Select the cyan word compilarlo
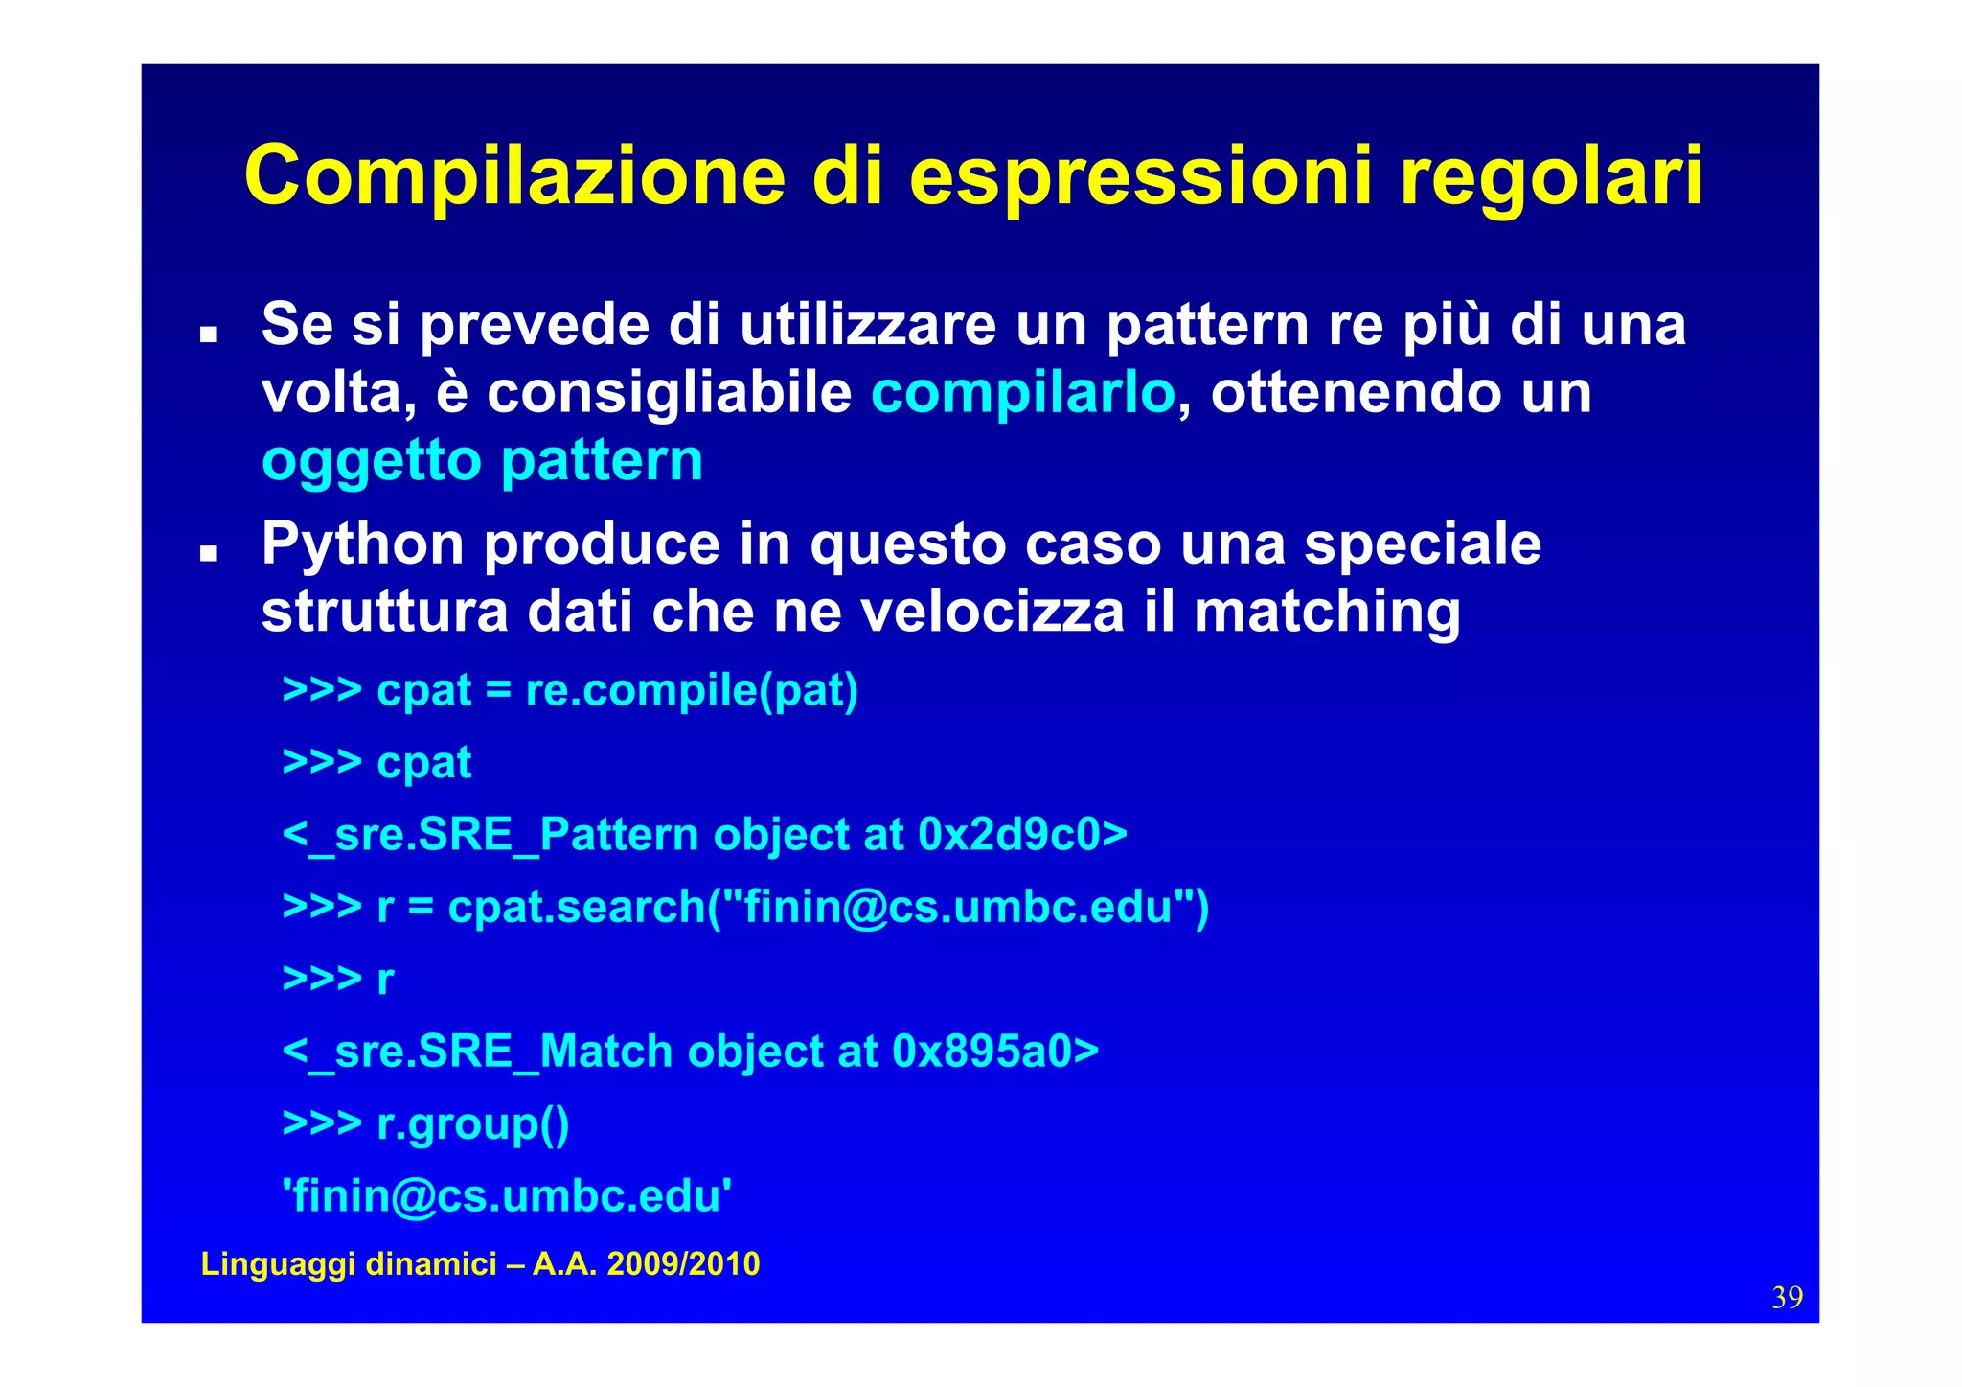point(1022,392)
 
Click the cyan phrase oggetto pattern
point(482,460)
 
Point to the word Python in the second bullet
point(363,544)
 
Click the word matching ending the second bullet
point(1327,612)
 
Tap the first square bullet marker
point(208,335)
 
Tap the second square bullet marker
point(208,554)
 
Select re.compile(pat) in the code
point(692,690)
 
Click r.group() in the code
point(473,1123)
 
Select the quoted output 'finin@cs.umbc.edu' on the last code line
point(508,1196)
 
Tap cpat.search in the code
point(576,907)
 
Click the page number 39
point(1787,1298)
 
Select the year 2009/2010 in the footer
point(683,1264)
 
